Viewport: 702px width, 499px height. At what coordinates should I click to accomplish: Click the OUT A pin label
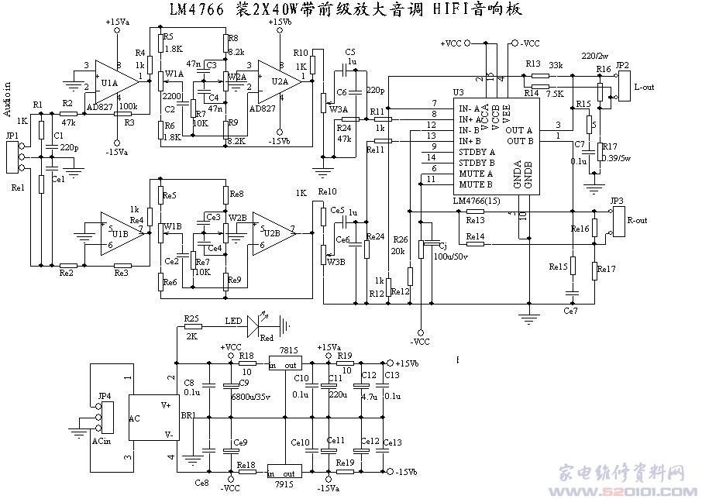point(518,129)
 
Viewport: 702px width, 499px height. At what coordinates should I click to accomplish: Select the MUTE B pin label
point(475,184)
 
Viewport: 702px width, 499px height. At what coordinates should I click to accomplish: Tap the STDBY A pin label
point(477,151)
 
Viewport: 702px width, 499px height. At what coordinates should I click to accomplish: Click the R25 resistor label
point(191,319)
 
